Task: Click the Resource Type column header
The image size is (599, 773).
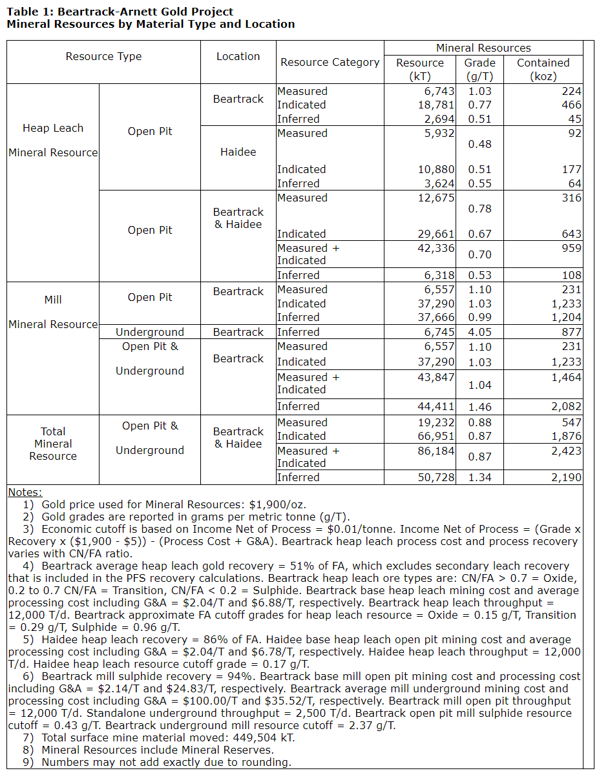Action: (x=103, y=57)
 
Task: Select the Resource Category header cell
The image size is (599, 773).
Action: (x=330, y=63)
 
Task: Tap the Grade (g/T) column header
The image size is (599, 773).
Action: (x=479, y=69)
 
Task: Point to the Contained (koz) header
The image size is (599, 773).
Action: (x=543, y=69)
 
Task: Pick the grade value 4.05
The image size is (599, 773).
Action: (x=479, y=332)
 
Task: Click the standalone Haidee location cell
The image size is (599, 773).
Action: (x=238, y=152)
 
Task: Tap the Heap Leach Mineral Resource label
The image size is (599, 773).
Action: (x=53, y=141)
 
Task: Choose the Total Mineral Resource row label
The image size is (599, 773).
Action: (x=53, y=444)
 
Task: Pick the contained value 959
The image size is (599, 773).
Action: (x=571, y=248)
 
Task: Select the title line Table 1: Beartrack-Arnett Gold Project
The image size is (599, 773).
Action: (x=120, y=12)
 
